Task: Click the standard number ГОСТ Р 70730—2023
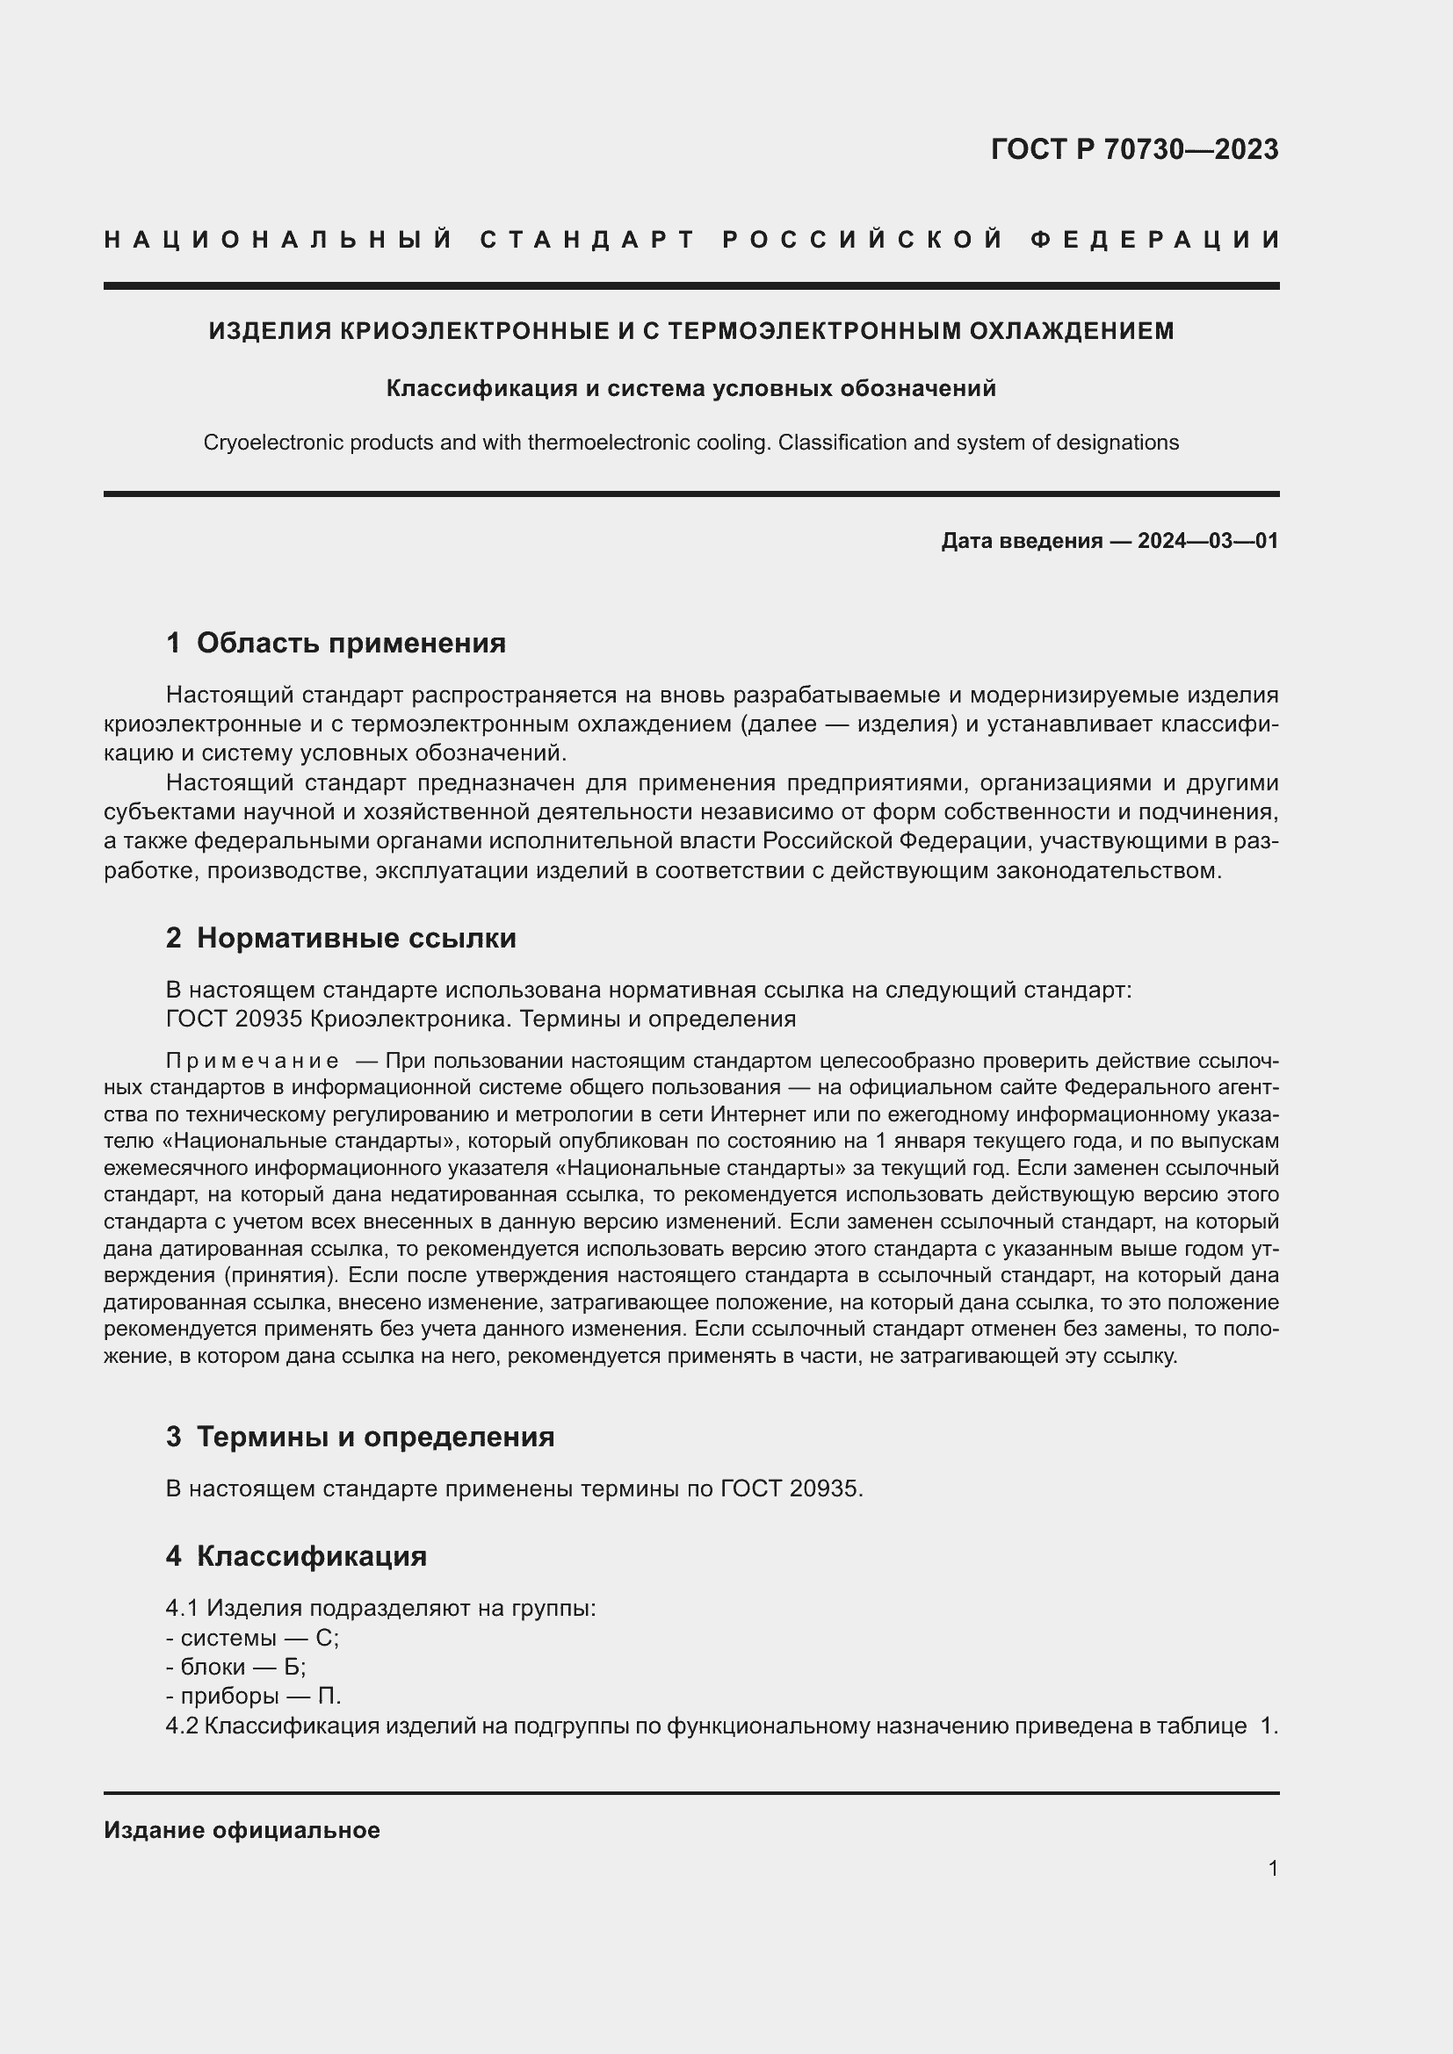(1133, 149)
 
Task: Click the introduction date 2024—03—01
(1207, 540)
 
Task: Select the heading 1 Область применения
(336, 642)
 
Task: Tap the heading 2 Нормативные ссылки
(341, 938)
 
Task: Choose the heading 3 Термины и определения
(359, 1437)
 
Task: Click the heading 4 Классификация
(296, 1556)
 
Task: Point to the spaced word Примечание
(252, 1061)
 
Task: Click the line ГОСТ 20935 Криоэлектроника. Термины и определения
(481, 1019)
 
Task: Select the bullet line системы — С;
(252, 1638)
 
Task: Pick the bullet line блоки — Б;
(236, 1667)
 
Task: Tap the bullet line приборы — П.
(253, 1697)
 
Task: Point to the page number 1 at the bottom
(1272, 1868)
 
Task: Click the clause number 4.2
(182, 1726)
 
